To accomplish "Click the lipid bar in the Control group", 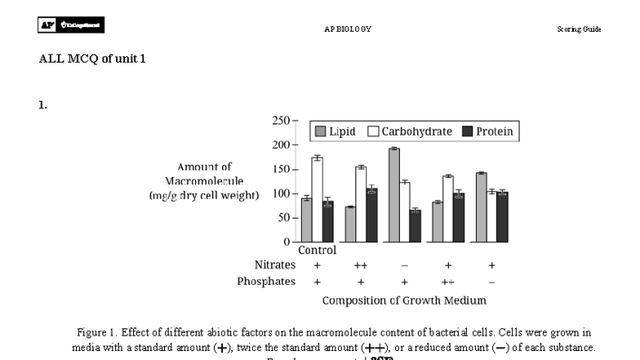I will click(306, 220).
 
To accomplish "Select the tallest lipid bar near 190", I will click(393, 195).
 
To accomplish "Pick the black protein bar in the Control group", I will click(327, 221).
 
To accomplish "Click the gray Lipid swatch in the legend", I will click(320, 131).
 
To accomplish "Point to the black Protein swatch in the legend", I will click(468, 131).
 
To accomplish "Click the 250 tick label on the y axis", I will click(280, 121).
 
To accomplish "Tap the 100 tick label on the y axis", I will click(280, 193).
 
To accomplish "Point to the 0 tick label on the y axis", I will click(286, 242).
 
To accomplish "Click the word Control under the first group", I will click(317, 251).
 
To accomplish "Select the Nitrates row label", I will click(275, 265).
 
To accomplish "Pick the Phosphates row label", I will click(266, 282).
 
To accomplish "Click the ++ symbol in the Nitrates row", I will click(360, 265).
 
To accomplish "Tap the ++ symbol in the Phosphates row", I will click(447, 282).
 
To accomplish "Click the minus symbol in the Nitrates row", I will click(404, 265).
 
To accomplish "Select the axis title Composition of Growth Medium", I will click(403, 300).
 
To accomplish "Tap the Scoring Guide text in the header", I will click(579, 29).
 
